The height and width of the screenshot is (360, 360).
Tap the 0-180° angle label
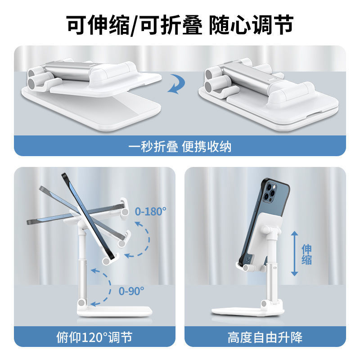coord(150,211)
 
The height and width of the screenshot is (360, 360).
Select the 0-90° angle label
coord(131,291)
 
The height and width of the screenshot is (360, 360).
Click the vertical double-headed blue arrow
coord(295,253)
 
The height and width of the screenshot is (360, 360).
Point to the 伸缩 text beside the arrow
coord(307,254)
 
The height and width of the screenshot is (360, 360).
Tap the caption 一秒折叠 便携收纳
coord(180,147)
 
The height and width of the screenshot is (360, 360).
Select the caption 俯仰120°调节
coord(94,337)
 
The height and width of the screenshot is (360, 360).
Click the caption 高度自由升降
coord(265,337)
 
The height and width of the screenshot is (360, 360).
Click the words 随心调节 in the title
coord(251,25)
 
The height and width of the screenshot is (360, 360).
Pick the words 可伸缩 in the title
coord(98,25)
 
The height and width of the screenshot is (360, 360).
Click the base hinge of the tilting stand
coord(82,302)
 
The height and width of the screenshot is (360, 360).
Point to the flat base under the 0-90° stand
coord(115,311)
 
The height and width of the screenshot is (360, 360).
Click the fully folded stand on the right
coord(268,94)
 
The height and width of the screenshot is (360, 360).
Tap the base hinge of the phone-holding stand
coord(264,303)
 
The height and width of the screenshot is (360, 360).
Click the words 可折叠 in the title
coord(171,25)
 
